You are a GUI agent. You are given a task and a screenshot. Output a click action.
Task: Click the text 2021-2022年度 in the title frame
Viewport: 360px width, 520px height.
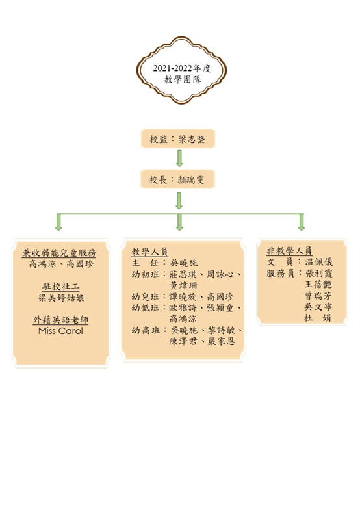point(182,68)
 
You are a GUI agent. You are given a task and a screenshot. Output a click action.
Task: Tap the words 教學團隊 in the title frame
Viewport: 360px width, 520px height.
point(183,79)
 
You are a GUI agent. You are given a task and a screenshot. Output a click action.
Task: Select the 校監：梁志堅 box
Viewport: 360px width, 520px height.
point(177,138)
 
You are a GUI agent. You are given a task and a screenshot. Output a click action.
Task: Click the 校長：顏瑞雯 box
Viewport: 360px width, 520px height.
point(177,179)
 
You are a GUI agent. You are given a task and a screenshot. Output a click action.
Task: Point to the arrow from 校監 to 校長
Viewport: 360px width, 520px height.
point(179,159)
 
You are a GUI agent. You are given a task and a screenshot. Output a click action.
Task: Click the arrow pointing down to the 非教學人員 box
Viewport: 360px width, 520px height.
point(302,222)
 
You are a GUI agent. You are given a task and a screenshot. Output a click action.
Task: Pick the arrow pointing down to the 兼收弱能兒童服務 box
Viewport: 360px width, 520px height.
point(58,222)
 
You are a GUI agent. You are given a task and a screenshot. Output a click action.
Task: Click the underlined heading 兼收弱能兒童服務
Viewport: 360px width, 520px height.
point(59,253)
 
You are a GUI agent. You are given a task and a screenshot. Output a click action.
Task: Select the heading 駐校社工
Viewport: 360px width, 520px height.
point(60,287)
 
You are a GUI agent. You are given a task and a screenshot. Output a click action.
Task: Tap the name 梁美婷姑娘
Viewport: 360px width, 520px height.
point(61,298)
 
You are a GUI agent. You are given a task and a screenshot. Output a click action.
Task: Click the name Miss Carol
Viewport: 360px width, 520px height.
point(60,331)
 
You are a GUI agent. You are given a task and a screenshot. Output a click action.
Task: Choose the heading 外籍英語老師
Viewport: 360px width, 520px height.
point(61,320)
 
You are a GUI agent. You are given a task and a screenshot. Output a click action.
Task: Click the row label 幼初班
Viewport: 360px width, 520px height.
point(145,274)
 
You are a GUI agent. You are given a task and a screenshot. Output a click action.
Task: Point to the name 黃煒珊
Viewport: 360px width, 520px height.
point(183,285)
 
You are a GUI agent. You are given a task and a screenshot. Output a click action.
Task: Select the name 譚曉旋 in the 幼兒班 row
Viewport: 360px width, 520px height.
point(183,296)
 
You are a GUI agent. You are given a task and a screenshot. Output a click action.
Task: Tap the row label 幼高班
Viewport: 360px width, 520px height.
point(145,330)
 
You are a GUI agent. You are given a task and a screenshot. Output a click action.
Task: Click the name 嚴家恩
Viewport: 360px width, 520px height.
point(221,341)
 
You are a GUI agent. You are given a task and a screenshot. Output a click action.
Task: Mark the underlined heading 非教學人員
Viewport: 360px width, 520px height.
point(289,251)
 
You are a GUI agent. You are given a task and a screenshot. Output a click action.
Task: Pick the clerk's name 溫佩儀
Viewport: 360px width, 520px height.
point(318,262)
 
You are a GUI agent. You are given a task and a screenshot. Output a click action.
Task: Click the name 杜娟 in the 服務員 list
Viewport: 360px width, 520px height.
point(318,318)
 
